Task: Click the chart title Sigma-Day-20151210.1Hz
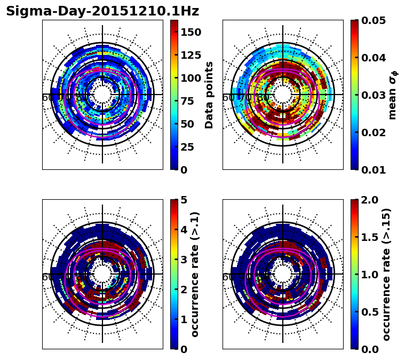point(102,11)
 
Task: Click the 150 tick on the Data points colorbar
point(191,32)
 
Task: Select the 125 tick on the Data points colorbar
point(191,55)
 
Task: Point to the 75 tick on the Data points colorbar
point(191,101)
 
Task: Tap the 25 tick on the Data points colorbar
point(191,147)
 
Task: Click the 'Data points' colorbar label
point(209,95)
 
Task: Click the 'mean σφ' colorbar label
point(393,95)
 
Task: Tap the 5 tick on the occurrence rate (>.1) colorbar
point(182,200)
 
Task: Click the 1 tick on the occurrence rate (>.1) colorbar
point(182,319)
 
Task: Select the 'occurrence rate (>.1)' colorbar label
point(195,275)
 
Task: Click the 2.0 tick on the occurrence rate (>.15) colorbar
point(371,200)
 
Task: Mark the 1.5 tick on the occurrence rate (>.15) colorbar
point(371,237)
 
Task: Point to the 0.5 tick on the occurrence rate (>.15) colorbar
point(371,312)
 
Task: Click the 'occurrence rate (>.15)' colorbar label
point(387,275)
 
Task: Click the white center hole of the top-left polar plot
point(102,95)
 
